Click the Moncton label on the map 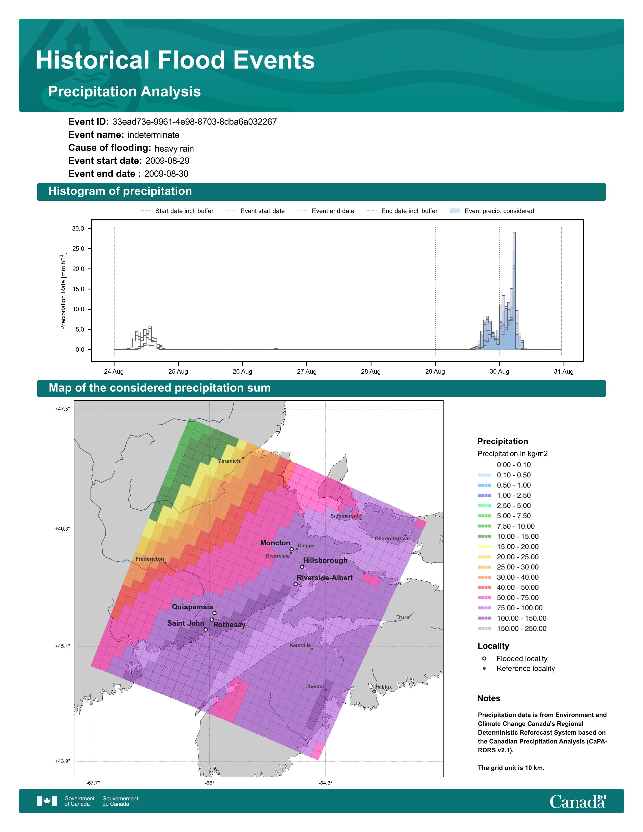(275, 543)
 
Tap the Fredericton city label (150, 559)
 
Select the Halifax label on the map (383, 687)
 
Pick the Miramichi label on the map (229, 461)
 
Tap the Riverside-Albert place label (325, 578)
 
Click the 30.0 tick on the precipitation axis (78, 229)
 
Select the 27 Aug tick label (307, 371)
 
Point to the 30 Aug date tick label (499, 371)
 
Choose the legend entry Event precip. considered (499, 211)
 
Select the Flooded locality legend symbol (484, 658)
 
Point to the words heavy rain (174, 148)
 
